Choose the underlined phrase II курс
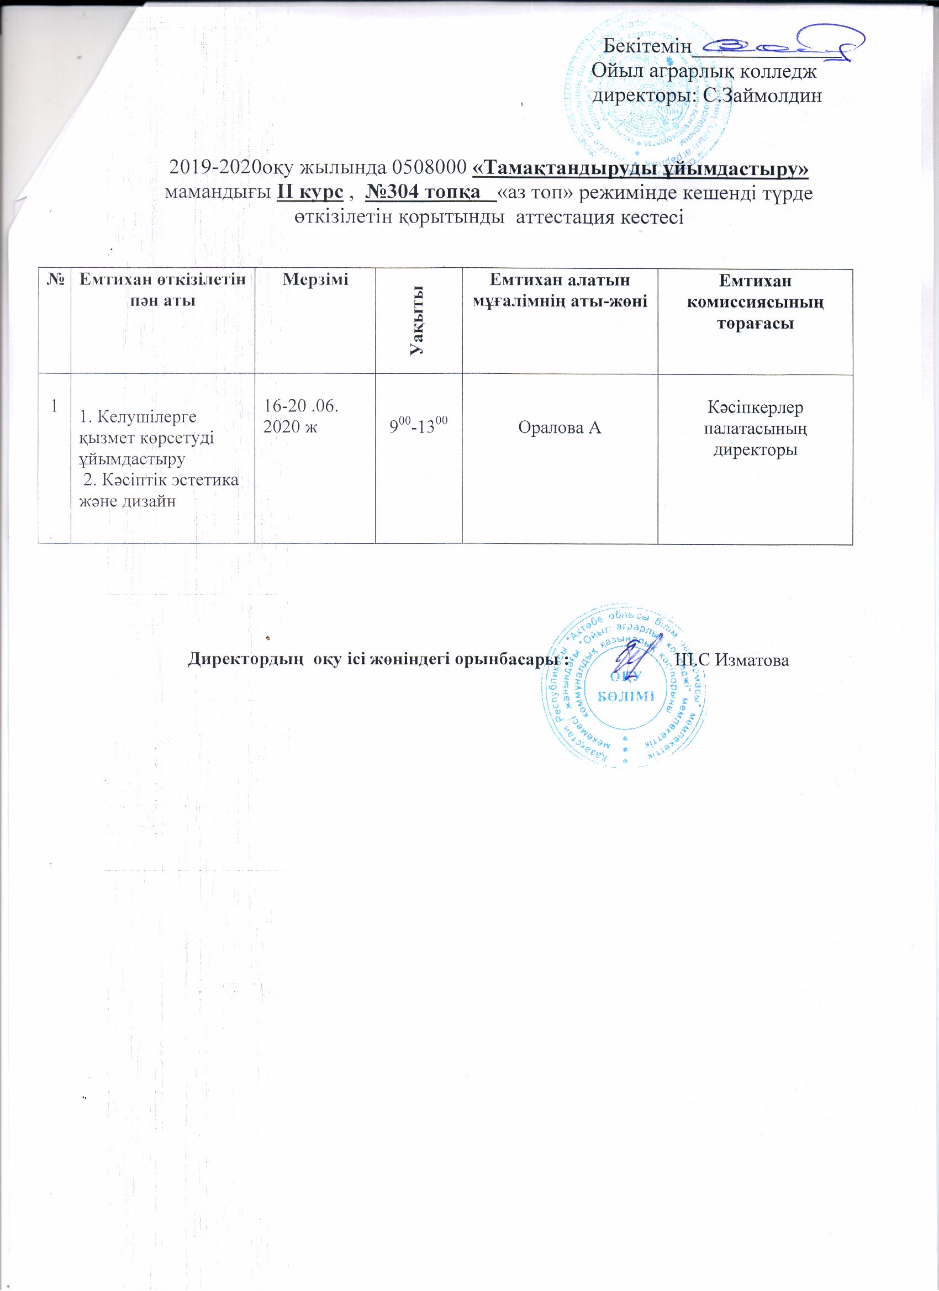(x=310, y=193)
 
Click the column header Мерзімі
(x=315, y=279)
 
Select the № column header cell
(x=54, y=279)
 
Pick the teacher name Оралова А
(x=559, y=427)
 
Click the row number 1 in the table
(x=54, y=406)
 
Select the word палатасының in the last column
(x=755, y=428)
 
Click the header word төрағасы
(x=755, y=324)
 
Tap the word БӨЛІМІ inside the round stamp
(x=625, y=696)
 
